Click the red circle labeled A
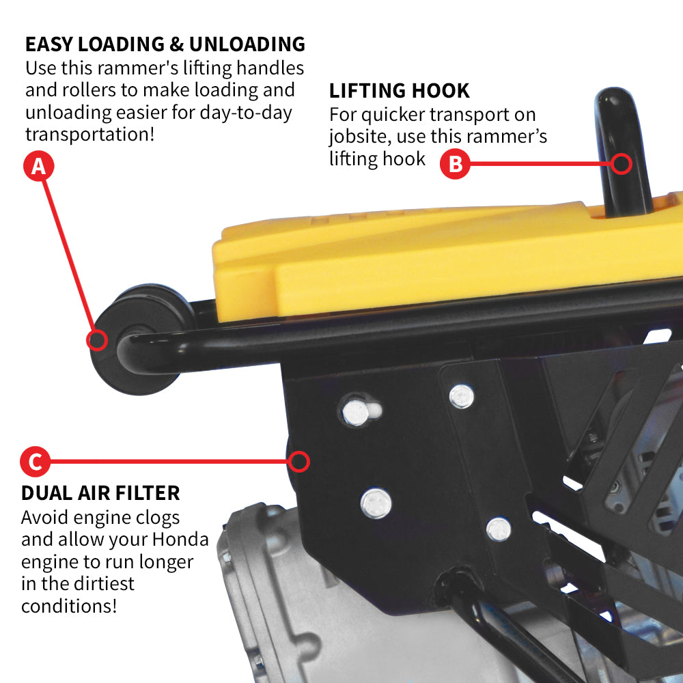pos(39,166)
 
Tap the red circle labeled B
pos(454,164)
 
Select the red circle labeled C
pos(35,462)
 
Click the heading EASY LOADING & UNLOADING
pos(165,44)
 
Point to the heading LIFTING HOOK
pos(400,91)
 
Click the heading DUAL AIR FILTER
pos(100,492)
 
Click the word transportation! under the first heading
pos(89,133)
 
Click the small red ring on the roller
pos(98,339)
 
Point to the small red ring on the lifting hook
pos(622,163)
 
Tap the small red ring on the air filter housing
pos(298,462)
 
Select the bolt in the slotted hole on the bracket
pos(354,411)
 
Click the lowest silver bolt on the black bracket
pos(499,528)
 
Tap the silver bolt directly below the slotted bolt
pos(376,503)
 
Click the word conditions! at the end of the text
pos(69,605)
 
